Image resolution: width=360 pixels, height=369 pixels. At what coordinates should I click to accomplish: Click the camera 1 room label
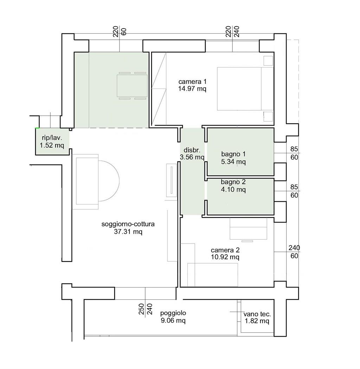192,82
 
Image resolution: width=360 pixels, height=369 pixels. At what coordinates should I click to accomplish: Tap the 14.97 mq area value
192,89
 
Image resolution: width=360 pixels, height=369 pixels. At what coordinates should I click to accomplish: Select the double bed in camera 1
245,89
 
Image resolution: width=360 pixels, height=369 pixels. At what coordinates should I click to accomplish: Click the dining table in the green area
132,86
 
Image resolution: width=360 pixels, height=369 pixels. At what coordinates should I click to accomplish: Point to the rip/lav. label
52,138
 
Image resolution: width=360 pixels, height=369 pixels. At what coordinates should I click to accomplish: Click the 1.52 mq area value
52,145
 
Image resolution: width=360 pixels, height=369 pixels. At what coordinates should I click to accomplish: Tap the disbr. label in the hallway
192,150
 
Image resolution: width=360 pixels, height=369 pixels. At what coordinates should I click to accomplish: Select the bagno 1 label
233,154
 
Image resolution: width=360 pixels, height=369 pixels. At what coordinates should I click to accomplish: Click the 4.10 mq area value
233,189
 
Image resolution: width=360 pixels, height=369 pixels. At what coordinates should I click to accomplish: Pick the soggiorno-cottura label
128,224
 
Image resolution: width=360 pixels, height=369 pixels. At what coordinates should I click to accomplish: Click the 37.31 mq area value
128,232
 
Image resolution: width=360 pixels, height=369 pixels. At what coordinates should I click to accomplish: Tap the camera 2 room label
225,250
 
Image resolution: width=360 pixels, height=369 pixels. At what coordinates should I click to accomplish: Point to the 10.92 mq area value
225,257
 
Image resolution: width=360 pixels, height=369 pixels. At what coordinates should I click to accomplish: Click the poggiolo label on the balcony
173,313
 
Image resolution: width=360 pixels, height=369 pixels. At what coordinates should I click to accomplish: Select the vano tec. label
257,314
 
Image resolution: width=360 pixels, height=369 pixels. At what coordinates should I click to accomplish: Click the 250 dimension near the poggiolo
141,309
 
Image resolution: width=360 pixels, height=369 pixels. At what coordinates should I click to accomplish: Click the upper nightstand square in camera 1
268,61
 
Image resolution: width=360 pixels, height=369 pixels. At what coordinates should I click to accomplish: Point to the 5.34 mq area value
233,162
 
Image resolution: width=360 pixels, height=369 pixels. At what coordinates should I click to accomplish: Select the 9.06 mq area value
173,321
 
